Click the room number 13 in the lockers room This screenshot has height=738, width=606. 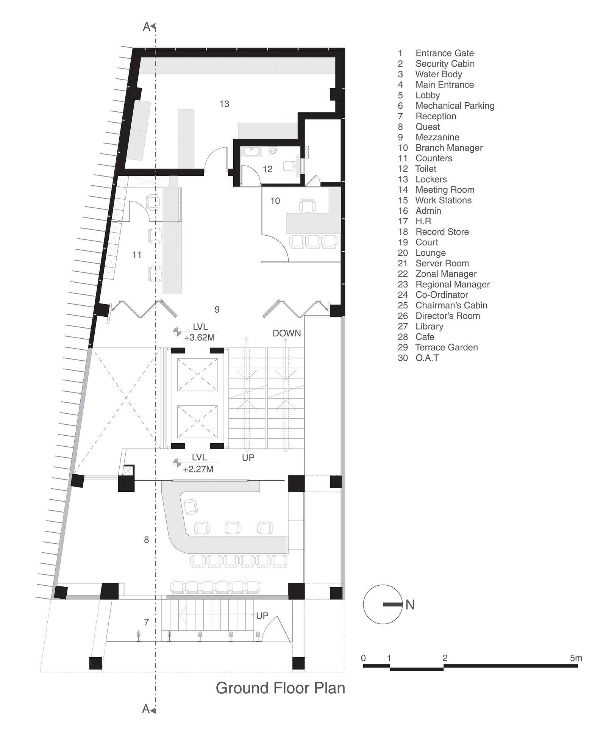(224, 104)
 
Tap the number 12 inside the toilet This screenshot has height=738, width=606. (267, 169)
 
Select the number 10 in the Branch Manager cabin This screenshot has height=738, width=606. (275, 201)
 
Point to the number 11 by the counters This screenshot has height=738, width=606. (137, 255)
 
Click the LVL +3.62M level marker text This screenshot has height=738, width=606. (199, 332)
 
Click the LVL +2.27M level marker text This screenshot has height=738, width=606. (198, 464)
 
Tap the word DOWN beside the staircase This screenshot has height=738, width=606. (287, 333)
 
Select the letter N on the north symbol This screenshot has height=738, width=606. (410, 605)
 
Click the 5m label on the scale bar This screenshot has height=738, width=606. (575, 658)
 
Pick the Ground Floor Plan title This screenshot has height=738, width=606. (280, 688)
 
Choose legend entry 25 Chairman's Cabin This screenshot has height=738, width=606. (442, 305)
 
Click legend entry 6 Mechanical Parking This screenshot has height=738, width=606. (446, 106)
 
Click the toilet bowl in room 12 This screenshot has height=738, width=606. (273, 151)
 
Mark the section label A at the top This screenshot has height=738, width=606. (147, 27)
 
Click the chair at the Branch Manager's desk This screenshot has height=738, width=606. (307, 206)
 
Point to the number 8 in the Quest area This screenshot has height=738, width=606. (146, 540)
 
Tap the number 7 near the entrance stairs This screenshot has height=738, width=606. (146, 622)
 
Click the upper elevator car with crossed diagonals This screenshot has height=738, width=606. (197, 374)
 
